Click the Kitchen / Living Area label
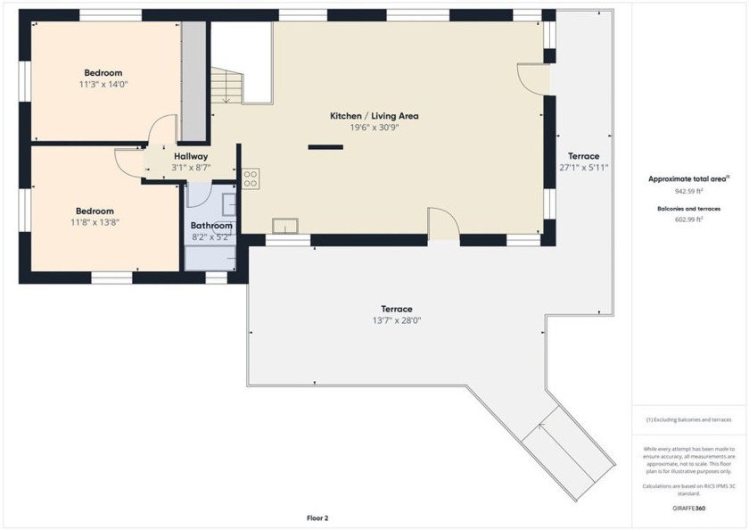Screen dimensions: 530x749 pyautogui.click(x=374, y=116)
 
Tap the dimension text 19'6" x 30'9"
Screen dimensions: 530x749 pyautogui.click(x=374, y=128)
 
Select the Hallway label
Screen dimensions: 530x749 pyautogui.click(x=191, y=156)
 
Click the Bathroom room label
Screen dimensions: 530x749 pyautogui.click(x=211, y=226)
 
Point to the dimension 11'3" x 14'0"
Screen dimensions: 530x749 pyautogui.click(x=103, y=84)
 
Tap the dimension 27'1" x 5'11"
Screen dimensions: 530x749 pyautogui.click(x=584, y=167)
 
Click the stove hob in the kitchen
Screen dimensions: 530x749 pyautogui.click(x=250, y=178)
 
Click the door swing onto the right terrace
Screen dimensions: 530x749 pyautogui.click(x=533, y=79)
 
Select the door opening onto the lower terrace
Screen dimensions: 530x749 pyautogui.click(x=443, y=224)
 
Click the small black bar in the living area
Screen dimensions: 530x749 pyautogui.click(x=320, y=146)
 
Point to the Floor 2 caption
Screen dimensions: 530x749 pyautogui.click(x=318, y=518)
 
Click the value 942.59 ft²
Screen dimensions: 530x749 pyautogui.click(x=689, y=191)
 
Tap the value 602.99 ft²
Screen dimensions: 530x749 pyautogui.click(x=689, y=219)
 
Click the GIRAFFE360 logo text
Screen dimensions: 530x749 pyautogui.click(x=689, y=507)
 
